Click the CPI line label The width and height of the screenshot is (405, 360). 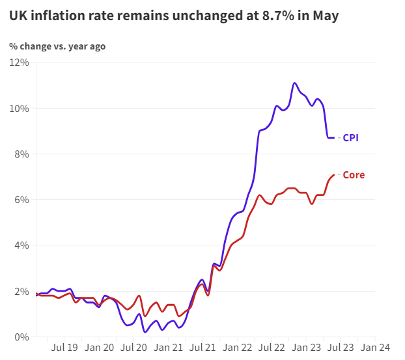pyautogui.click(x=350, y=137)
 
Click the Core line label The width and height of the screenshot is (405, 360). pyautogui.click(x=354, y=175)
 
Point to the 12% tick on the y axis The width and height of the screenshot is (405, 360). pyautogui.click(x=19, y=62)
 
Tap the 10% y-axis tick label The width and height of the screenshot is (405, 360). pyautogui.click(x=19, y=108)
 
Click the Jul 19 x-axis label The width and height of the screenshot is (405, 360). pyautogui.click(x=66, y=348)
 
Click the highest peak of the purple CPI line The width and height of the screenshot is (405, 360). pyautogui.click(x=295, y=83)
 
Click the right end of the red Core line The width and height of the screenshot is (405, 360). pyautogui.click(x=334, y=174)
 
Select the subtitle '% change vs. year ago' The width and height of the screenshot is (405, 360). pyautogui.click(x=57, y=46)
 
